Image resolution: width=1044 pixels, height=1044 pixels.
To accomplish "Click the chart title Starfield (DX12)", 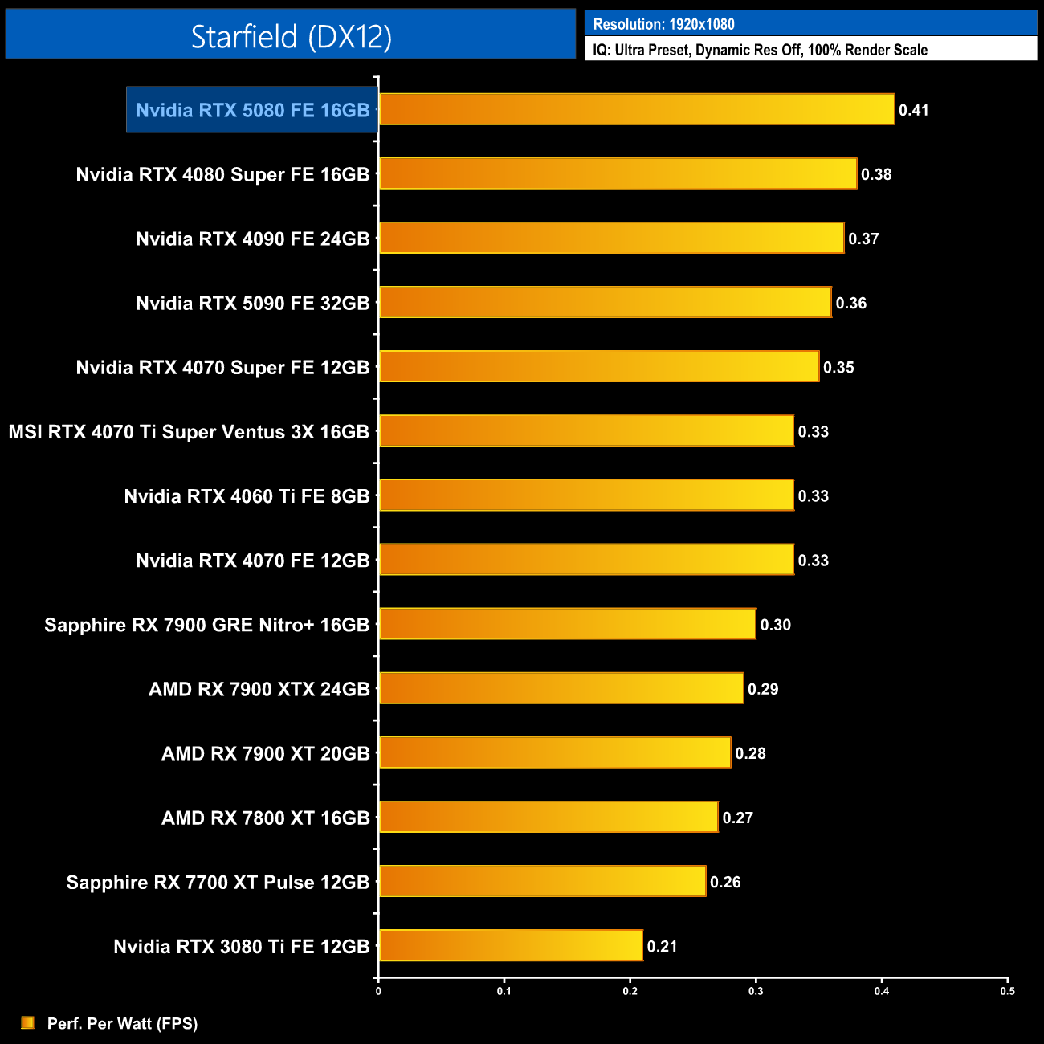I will pyautogui.click(x=291, y=37).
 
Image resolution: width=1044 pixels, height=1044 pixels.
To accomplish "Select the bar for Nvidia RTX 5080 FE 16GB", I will pyautogui.click(x=636, y=110).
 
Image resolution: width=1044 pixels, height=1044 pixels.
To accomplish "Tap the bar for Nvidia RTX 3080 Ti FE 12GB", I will pyautogui.click(x=511, y=946).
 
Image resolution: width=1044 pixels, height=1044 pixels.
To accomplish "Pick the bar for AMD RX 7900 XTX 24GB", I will pyautogui.click(x=561, y=689).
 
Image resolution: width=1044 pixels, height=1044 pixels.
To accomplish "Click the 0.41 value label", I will pyautogui.click(x=914, y=111).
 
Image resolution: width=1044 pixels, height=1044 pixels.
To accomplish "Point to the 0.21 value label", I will pyautogui.click(x=663, y=947).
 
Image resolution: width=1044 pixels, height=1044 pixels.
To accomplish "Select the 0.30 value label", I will pyautogui.click(x=776, y=625).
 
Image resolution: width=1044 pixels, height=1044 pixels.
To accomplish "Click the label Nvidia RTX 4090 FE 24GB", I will pyautogui.click(x=252, y=239).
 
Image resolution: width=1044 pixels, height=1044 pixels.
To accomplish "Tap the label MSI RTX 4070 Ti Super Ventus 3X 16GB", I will pyautogui.click(x=189, y=432).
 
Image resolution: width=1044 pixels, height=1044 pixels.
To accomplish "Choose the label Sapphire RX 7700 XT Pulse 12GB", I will pyautogui.click(x=218, y=883).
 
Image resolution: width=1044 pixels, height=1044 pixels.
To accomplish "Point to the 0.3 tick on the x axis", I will pyautogui.click(x=756, y=991).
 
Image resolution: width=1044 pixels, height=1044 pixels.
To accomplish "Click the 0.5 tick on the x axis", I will pyautogui.click(x=1007, y=991).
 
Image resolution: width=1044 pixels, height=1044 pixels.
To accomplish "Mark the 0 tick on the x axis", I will pyautogui.click(x=378, y=991).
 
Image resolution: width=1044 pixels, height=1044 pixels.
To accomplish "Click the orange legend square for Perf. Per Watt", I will pyautogui.click(x=28, y=1022).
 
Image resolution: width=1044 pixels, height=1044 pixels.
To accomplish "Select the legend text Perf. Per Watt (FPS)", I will pyautogui.click(x=122, y=1023).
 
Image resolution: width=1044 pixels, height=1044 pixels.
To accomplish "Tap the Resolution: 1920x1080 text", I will pyautogui.click(x=663, y=24).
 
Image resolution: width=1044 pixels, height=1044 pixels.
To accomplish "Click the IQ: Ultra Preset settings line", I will pyautogui.click(x=760, y=50).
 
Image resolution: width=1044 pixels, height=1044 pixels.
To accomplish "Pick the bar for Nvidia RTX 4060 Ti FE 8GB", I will pyautogui.click(x=586, y=495).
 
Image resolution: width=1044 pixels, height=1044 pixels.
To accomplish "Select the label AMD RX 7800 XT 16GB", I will pyautogui.click(x=265, y=818).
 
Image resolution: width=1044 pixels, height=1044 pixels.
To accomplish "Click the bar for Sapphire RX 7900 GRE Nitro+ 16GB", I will pyautogui.click(x=567, y=624).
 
